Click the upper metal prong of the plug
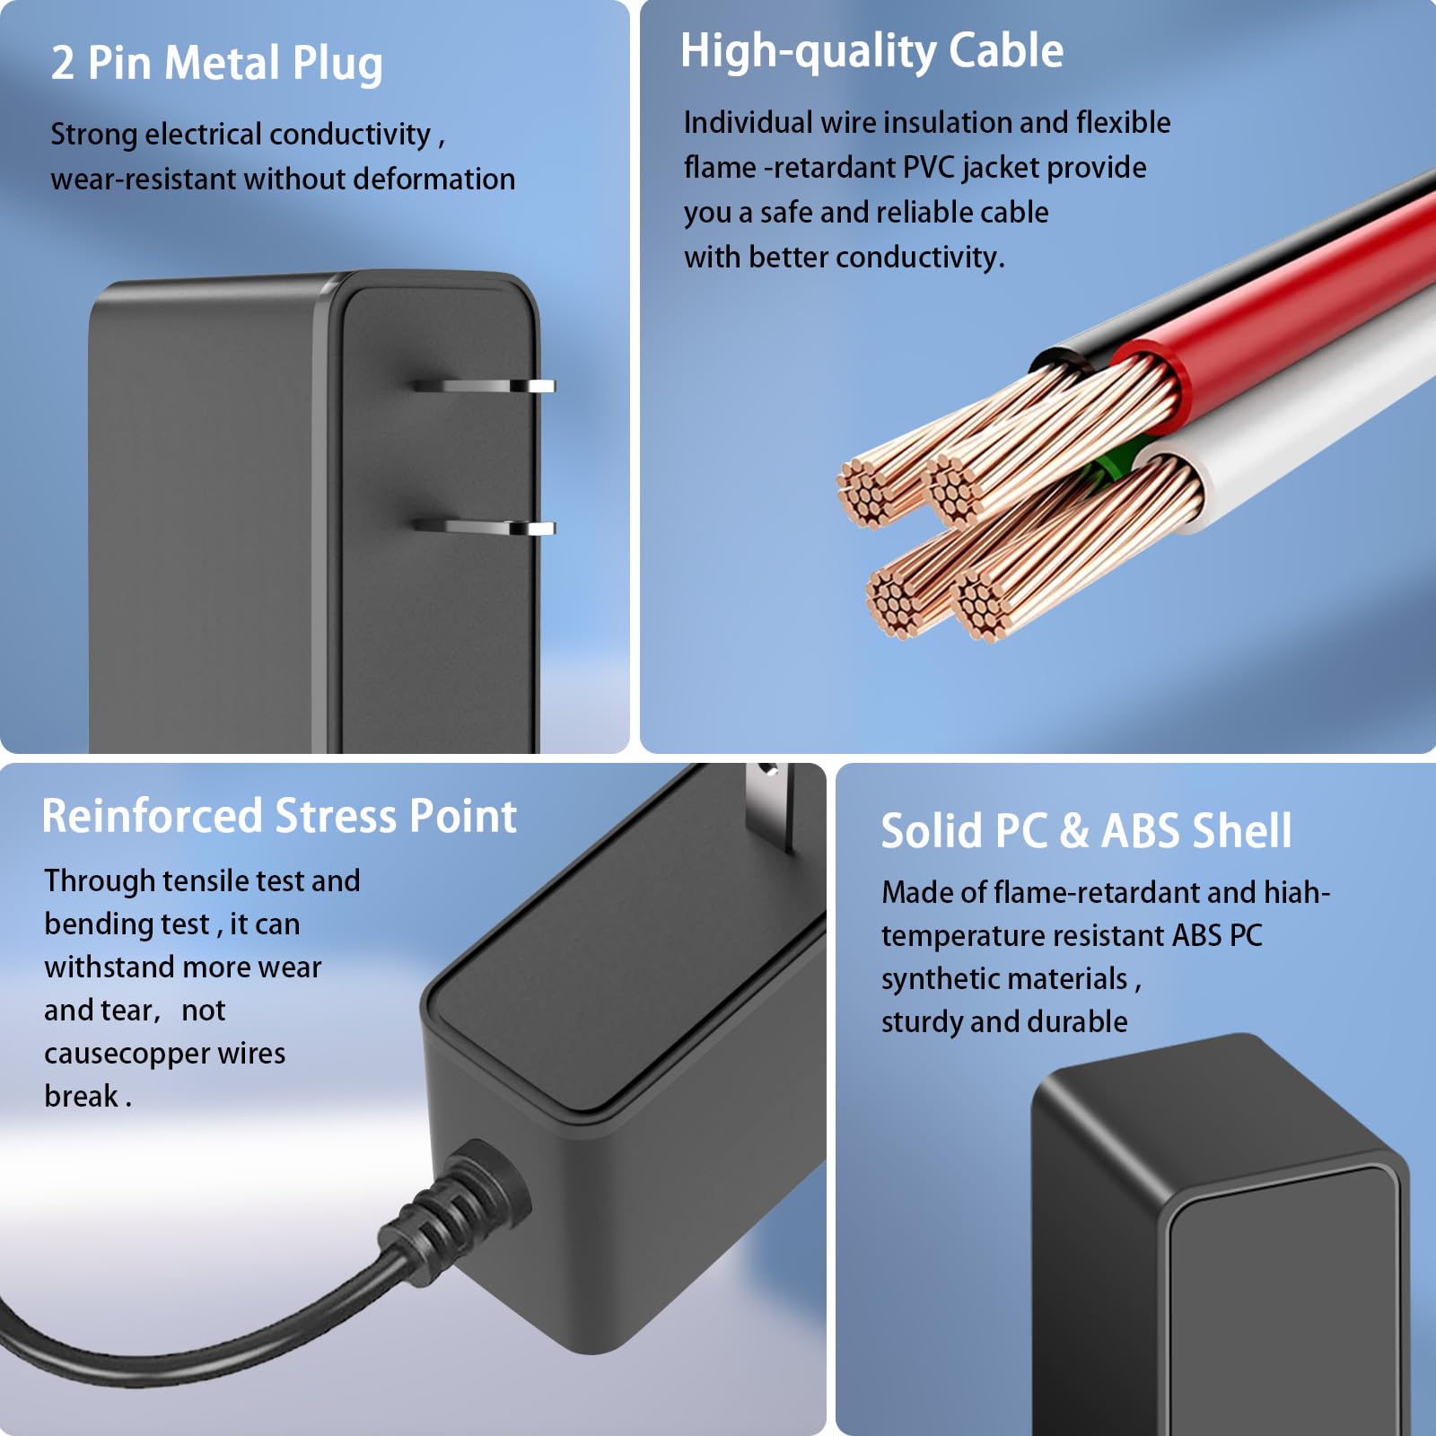484,386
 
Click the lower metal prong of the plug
484,528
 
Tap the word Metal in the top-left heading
223,63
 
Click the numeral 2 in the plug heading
63,64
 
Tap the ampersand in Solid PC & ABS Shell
1074,831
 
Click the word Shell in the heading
1242,831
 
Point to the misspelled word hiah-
1297,892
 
